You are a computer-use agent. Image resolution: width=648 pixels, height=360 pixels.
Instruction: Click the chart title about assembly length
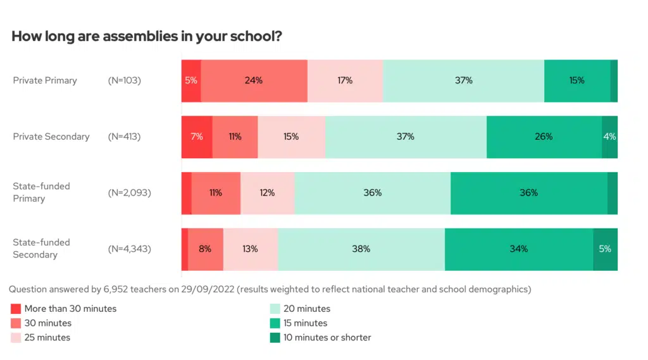tap(147, 37)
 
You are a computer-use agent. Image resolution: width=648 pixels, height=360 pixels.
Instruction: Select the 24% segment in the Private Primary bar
tap(254, 81)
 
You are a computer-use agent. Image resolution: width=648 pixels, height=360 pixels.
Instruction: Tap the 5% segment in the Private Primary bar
tap(191, 81)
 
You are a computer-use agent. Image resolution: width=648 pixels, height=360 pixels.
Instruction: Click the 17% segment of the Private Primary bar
tap(345, 81)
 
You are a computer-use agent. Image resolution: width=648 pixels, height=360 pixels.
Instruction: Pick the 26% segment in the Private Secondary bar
tap(544, 137)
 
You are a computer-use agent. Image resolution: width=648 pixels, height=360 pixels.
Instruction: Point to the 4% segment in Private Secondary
tap(609, 137)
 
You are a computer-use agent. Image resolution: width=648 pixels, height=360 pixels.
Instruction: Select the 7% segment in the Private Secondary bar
tap(197, 137)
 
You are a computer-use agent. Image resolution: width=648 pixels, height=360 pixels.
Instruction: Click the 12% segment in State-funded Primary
tap(267, 193)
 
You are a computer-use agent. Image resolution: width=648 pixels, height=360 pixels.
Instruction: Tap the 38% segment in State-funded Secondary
tap(361, 249)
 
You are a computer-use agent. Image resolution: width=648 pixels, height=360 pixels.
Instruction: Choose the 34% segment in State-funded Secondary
tap(518, 249)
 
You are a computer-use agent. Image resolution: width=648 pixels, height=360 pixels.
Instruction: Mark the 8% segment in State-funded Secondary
tap(205, 249)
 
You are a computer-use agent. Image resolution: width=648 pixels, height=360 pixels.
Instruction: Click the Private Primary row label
tap(45, 81)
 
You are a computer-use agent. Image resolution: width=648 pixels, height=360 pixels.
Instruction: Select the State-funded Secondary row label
tap(42, 249)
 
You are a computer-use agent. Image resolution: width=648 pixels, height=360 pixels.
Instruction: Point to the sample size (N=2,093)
tap(129, 193)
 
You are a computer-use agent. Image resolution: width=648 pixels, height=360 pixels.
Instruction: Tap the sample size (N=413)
tap(125, 137)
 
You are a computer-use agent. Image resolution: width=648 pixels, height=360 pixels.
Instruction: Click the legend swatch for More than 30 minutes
tap(16, 309)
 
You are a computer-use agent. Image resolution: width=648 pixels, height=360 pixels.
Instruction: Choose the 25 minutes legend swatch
tap(16, 338)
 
